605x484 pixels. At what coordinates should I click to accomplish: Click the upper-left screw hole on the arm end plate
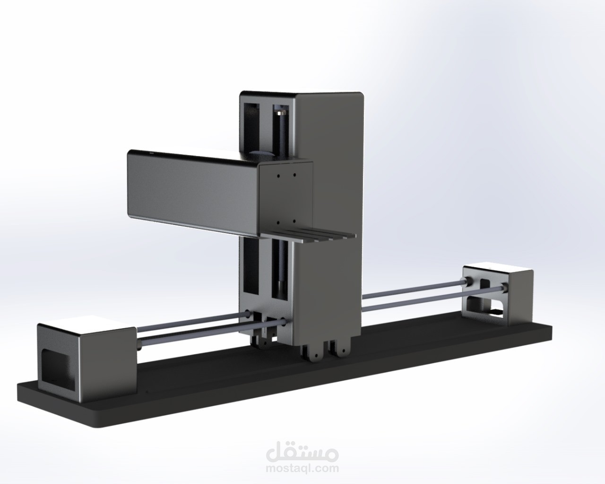pos(279,175)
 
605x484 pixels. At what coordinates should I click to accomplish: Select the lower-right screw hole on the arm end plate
pos(294,221)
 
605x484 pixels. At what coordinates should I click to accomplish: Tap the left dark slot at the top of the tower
pos(251,123)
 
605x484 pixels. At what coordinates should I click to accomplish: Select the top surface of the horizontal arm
pos(189,156)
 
